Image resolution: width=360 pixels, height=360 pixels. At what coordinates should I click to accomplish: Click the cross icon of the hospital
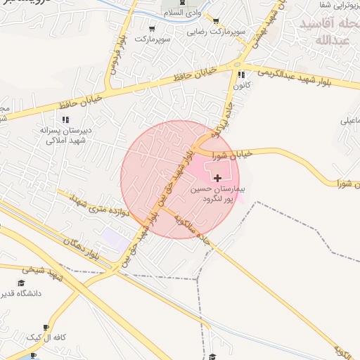coord(217,179)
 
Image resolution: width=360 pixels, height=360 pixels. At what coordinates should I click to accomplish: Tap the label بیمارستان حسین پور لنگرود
coord(217,195)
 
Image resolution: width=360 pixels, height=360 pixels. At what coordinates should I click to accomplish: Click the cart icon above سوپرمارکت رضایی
coord(215,21)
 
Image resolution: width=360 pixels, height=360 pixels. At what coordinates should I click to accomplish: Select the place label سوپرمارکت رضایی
coord(215,32)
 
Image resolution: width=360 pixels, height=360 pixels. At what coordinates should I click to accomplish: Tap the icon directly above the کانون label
coord(241,75)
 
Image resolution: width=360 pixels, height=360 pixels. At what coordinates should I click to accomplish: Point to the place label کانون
coord(241,85)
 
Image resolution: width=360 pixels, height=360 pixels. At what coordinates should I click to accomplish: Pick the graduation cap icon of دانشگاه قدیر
coord(21,283)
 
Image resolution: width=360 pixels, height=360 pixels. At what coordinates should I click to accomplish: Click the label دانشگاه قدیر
coord(21,293)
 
